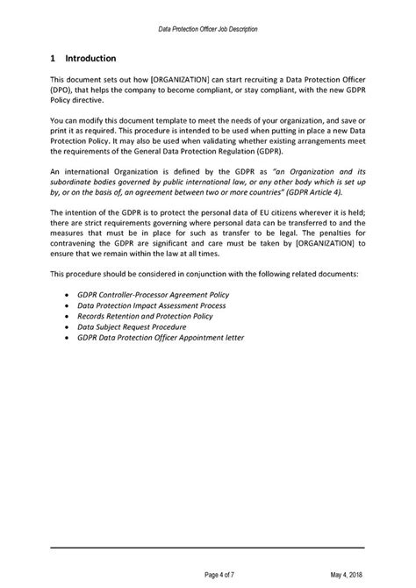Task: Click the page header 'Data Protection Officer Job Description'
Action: [208, 29]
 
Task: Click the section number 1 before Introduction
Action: [54, 59]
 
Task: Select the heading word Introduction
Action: [90, 59]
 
